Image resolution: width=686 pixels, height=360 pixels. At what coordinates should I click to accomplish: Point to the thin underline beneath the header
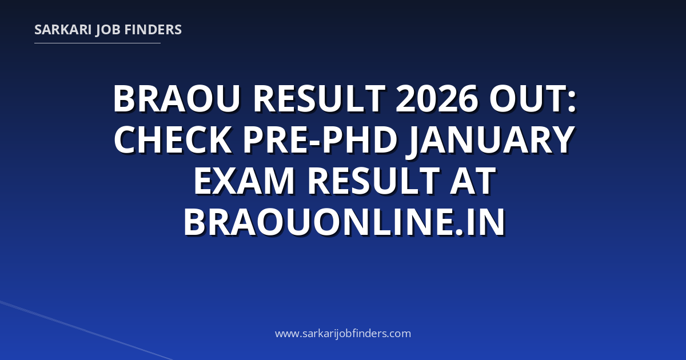[97, 43]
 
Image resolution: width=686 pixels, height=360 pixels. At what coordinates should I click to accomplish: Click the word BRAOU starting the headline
[177, 99]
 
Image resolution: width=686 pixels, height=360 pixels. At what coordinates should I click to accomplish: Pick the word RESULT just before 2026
[319, 99]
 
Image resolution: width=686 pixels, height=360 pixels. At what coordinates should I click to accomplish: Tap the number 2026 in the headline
[437, 98]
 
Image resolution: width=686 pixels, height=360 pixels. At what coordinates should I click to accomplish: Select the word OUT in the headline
[527, 99]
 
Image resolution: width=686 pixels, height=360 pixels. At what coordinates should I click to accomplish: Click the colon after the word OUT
[572, 102]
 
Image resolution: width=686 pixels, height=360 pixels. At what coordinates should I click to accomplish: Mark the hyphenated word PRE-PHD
[320, 140]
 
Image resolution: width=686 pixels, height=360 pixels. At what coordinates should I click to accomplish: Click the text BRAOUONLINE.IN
[344, 222]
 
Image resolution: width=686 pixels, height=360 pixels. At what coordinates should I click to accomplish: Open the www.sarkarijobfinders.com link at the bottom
[343, 333]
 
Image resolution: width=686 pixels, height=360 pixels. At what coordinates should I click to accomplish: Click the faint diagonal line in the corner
[86, 330]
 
